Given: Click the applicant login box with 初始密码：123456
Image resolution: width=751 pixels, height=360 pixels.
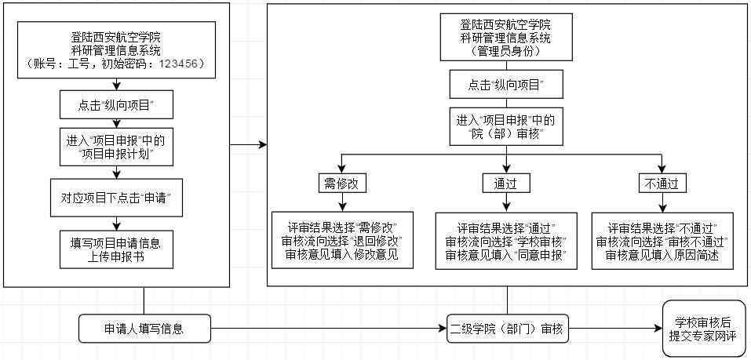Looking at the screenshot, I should point(116,49).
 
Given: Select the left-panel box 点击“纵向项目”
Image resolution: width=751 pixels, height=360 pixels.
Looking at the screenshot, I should point(116,104).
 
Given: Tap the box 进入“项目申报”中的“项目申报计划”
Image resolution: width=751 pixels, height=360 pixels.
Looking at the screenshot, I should point(116,147).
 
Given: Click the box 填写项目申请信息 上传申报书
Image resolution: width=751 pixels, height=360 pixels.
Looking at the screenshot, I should point(116,249).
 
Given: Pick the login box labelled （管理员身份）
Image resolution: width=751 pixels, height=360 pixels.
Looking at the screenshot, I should point(507,38).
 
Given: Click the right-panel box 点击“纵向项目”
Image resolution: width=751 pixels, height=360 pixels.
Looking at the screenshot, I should point(507,83).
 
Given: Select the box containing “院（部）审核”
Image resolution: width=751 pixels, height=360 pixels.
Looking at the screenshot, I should point(507,128).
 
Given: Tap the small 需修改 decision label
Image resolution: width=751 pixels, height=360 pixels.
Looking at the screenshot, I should point(342,183).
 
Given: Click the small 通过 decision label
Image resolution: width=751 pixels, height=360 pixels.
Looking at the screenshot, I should point(505,183).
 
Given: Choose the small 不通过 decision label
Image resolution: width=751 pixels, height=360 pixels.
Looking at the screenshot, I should point(661,183).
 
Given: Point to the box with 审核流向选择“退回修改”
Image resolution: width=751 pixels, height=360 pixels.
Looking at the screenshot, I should point(342,241).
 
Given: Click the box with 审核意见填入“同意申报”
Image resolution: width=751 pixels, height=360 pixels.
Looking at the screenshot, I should point(506,241).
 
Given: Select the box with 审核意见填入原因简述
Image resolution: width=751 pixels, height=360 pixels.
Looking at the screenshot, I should point(662,241).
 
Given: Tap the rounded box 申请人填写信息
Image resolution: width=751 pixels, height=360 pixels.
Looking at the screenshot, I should point(144,329).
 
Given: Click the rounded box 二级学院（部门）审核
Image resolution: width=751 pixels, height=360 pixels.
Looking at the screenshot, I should point(506,329).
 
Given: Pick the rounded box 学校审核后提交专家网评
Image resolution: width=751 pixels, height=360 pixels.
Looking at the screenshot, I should point(704,329).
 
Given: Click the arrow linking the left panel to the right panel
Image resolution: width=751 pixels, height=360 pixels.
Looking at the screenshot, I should point(248,144).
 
